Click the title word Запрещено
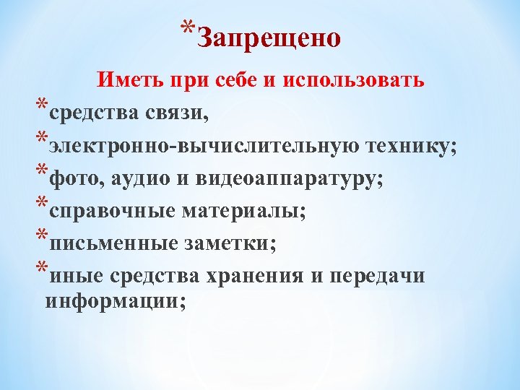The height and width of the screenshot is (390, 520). (x=268, y=37)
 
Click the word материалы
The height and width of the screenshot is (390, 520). (x=244, y=212)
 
